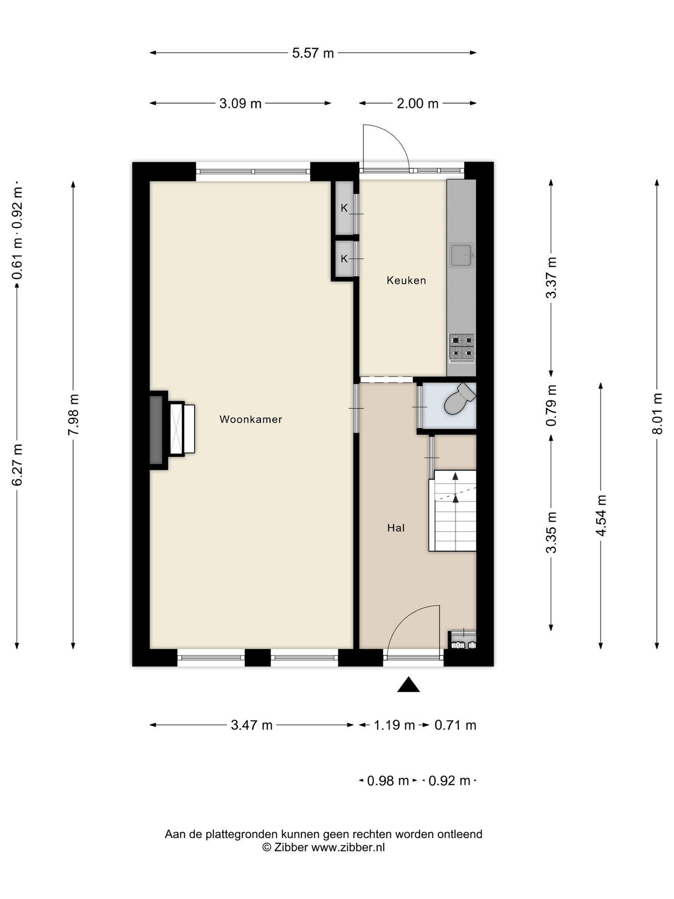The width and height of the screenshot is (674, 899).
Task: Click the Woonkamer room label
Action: click(251, 420)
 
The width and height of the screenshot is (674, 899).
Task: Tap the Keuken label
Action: click(406, 280)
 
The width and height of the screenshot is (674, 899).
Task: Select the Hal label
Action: click(396, 528)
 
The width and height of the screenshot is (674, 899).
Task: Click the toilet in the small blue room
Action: click(459, 399)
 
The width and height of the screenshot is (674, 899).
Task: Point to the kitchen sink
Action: click(462, 255)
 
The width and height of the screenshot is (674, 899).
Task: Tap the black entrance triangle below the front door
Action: click(409, 685)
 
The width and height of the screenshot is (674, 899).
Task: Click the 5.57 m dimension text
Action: click(313, 53)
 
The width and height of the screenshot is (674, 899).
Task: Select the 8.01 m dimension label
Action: click(658, 413)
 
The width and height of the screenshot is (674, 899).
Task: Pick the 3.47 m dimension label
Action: click(252, 725)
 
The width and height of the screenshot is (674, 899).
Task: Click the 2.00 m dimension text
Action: click(418, 103)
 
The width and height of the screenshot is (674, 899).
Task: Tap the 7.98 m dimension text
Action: click(73, 414)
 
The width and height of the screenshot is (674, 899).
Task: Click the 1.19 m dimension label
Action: click(394, 725)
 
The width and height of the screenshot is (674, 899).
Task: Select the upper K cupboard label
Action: click(344, 208)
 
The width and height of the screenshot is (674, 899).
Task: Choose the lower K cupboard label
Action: click(344, 259)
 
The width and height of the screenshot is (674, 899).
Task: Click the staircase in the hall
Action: click(453, 511)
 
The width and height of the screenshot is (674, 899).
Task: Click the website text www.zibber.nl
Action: click(348, 847)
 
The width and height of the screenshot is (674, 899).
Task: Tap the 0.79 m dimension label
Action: click(551, 405)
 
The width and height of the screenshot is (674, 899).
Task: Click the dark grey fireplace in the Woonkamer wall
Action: click(156, 430)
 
